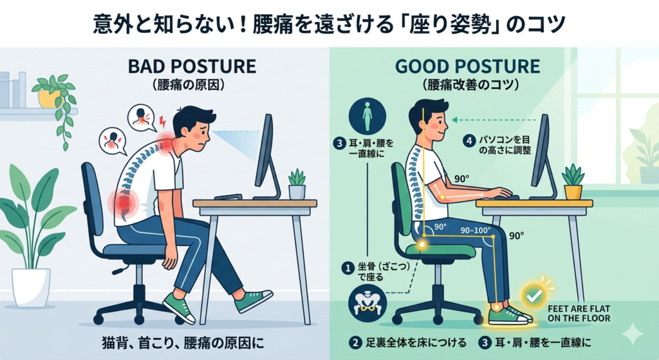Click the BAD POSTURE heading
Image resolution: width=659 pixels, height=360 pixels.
(192, 66)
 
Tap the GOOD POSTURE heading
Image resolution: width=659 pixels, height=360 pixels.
(467, 66)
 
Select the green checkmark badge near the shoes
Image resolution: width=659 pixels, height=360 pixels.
(534, 296)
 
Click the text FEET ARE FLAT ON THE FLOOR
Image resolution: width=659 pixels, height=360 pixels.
(579, 314)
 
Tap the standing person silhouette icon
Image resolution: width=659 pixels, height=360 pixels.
(367, 117)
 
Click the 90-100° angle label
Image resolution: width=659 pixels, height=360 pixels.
(476, 231)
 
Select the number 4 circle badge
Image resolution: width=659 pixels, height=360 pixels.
(469, 140)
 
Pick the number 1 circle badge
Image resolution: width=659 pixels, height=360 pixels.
(348, 267)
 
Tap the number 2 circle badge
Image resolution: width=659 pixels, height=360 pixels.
(355, 343)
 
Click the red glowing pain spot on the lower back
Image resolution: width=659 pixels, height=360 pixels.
(123, 203)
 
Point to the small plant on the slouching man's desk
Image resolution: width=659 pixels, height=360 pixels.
(297, 184)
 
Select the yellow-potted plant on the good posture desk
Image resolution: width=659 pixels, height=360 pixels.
(573, 182)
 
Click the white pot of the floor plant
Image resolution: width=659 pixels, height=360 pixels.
(31, 288)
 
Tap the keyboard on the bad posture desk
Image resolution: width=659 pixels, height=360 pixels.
(228, 196)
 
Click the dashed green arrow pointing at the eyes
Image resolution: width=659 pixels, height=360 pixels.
(494, 120)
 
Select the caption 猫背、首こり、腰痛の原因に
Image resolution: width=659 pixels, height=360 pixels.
(183, 343)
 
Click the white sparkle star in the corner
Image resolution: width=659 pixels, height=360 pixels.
(633, 334)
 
